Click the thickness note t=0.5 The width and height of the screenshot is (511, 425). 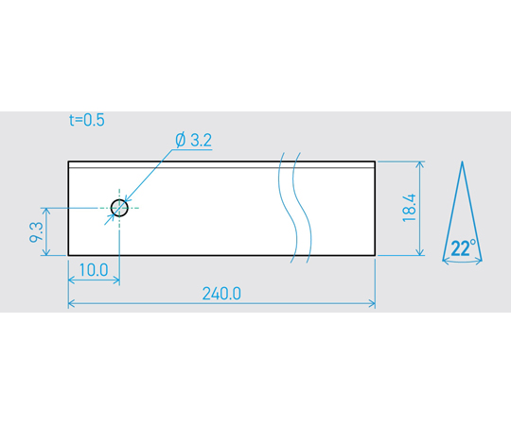[x=87, y=120]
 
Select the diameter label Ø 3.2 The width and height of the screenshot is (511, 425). [x=194, y=140]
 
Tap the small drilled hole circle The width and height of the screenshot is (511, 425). [x=119, y=208]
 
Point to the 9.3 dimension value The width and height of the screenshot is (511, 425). [x=36, y=231]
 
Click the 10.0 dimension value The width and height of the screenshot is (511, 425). [x=94, y=270]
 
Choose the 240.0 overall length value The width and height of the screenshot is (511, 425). [x=221, y=294]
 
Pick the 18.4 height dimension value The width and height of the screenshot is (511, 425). [x=410, y=208]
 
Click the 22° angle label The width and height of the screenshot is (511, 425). [x=464, y=248]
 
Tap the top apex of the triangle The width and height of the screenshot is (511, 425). [x=462, y=161]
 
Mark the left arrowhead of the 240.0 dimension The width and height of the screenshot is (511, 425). [x=71, y=304]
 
